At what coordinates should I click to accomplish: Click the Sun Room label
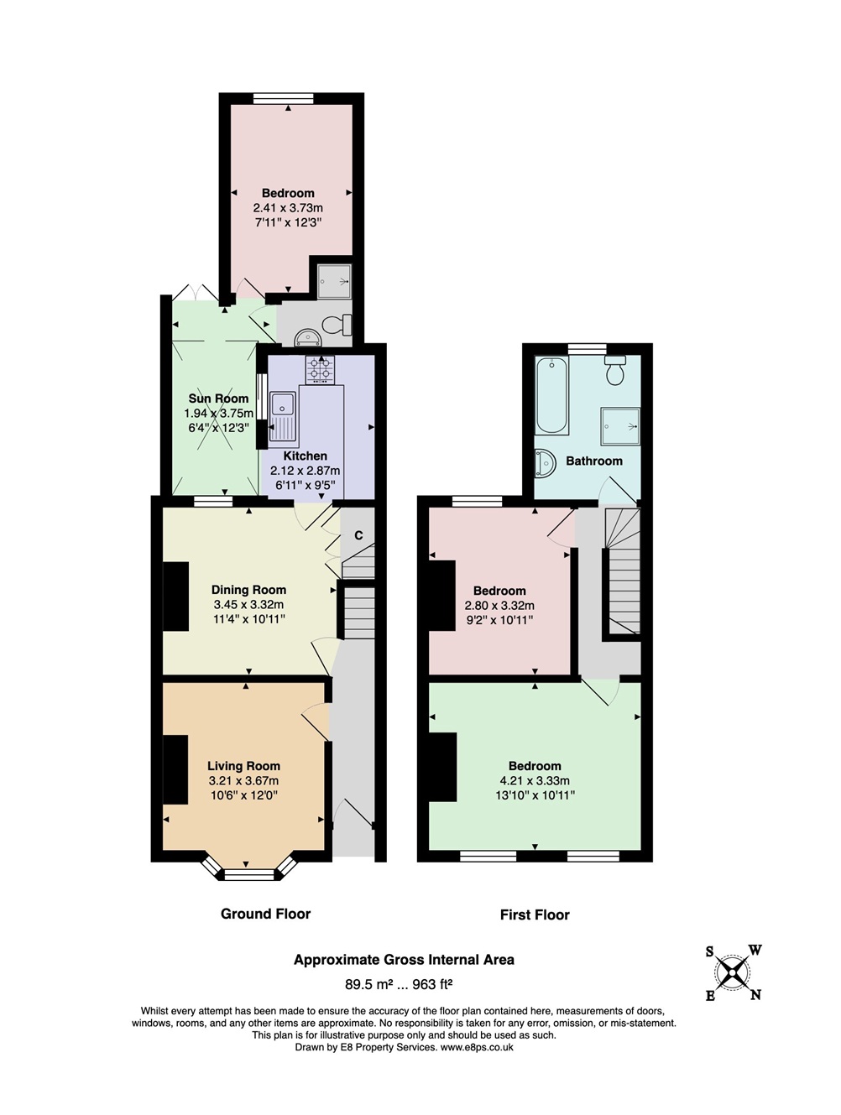click(x=218, y=399)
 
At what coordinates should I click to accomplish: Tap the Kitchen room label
click(x=305, y=456)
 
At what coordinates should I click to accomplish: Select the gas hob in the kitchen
click(x=320, y=370)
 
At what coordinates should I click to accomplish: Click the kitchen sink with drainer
click(x=283, y=416)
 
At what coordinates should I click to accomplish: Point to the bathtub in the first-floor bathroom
click(x=552, y=395)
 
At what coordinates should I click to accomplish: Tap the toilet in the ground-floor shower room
click(x=337, y=325)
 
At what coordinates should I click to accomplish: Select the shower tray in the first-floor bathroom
click(x=620, y=425)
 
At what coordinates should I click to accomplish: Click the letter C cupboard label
click(x=358, y=535)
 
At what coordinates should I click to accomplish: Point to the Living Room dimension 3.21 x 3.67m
click(x=243, y=781)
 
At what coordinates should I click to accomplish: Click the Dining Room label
click(x=248, y=591)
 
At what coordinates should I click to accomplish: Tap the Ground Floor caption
click(x=265, y=914)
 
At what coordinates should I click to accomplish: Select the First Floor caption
click(x=535, y=914)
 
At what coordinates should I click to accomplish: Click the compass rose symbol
click(x=732, y=973)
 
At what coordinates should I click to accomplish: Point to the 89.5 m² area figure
click(x=369, y=984)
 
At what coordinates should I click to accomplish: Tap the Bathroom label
click(x=594, y=461)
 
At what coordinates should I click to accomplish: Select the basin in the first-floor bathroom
click(x=544, y=463)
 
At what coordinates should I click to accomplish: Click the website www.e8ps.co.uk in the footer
click(x=477, y=1047)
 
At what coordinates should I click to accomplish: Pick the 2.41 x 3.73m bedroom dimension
click(x=288, y=208)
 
